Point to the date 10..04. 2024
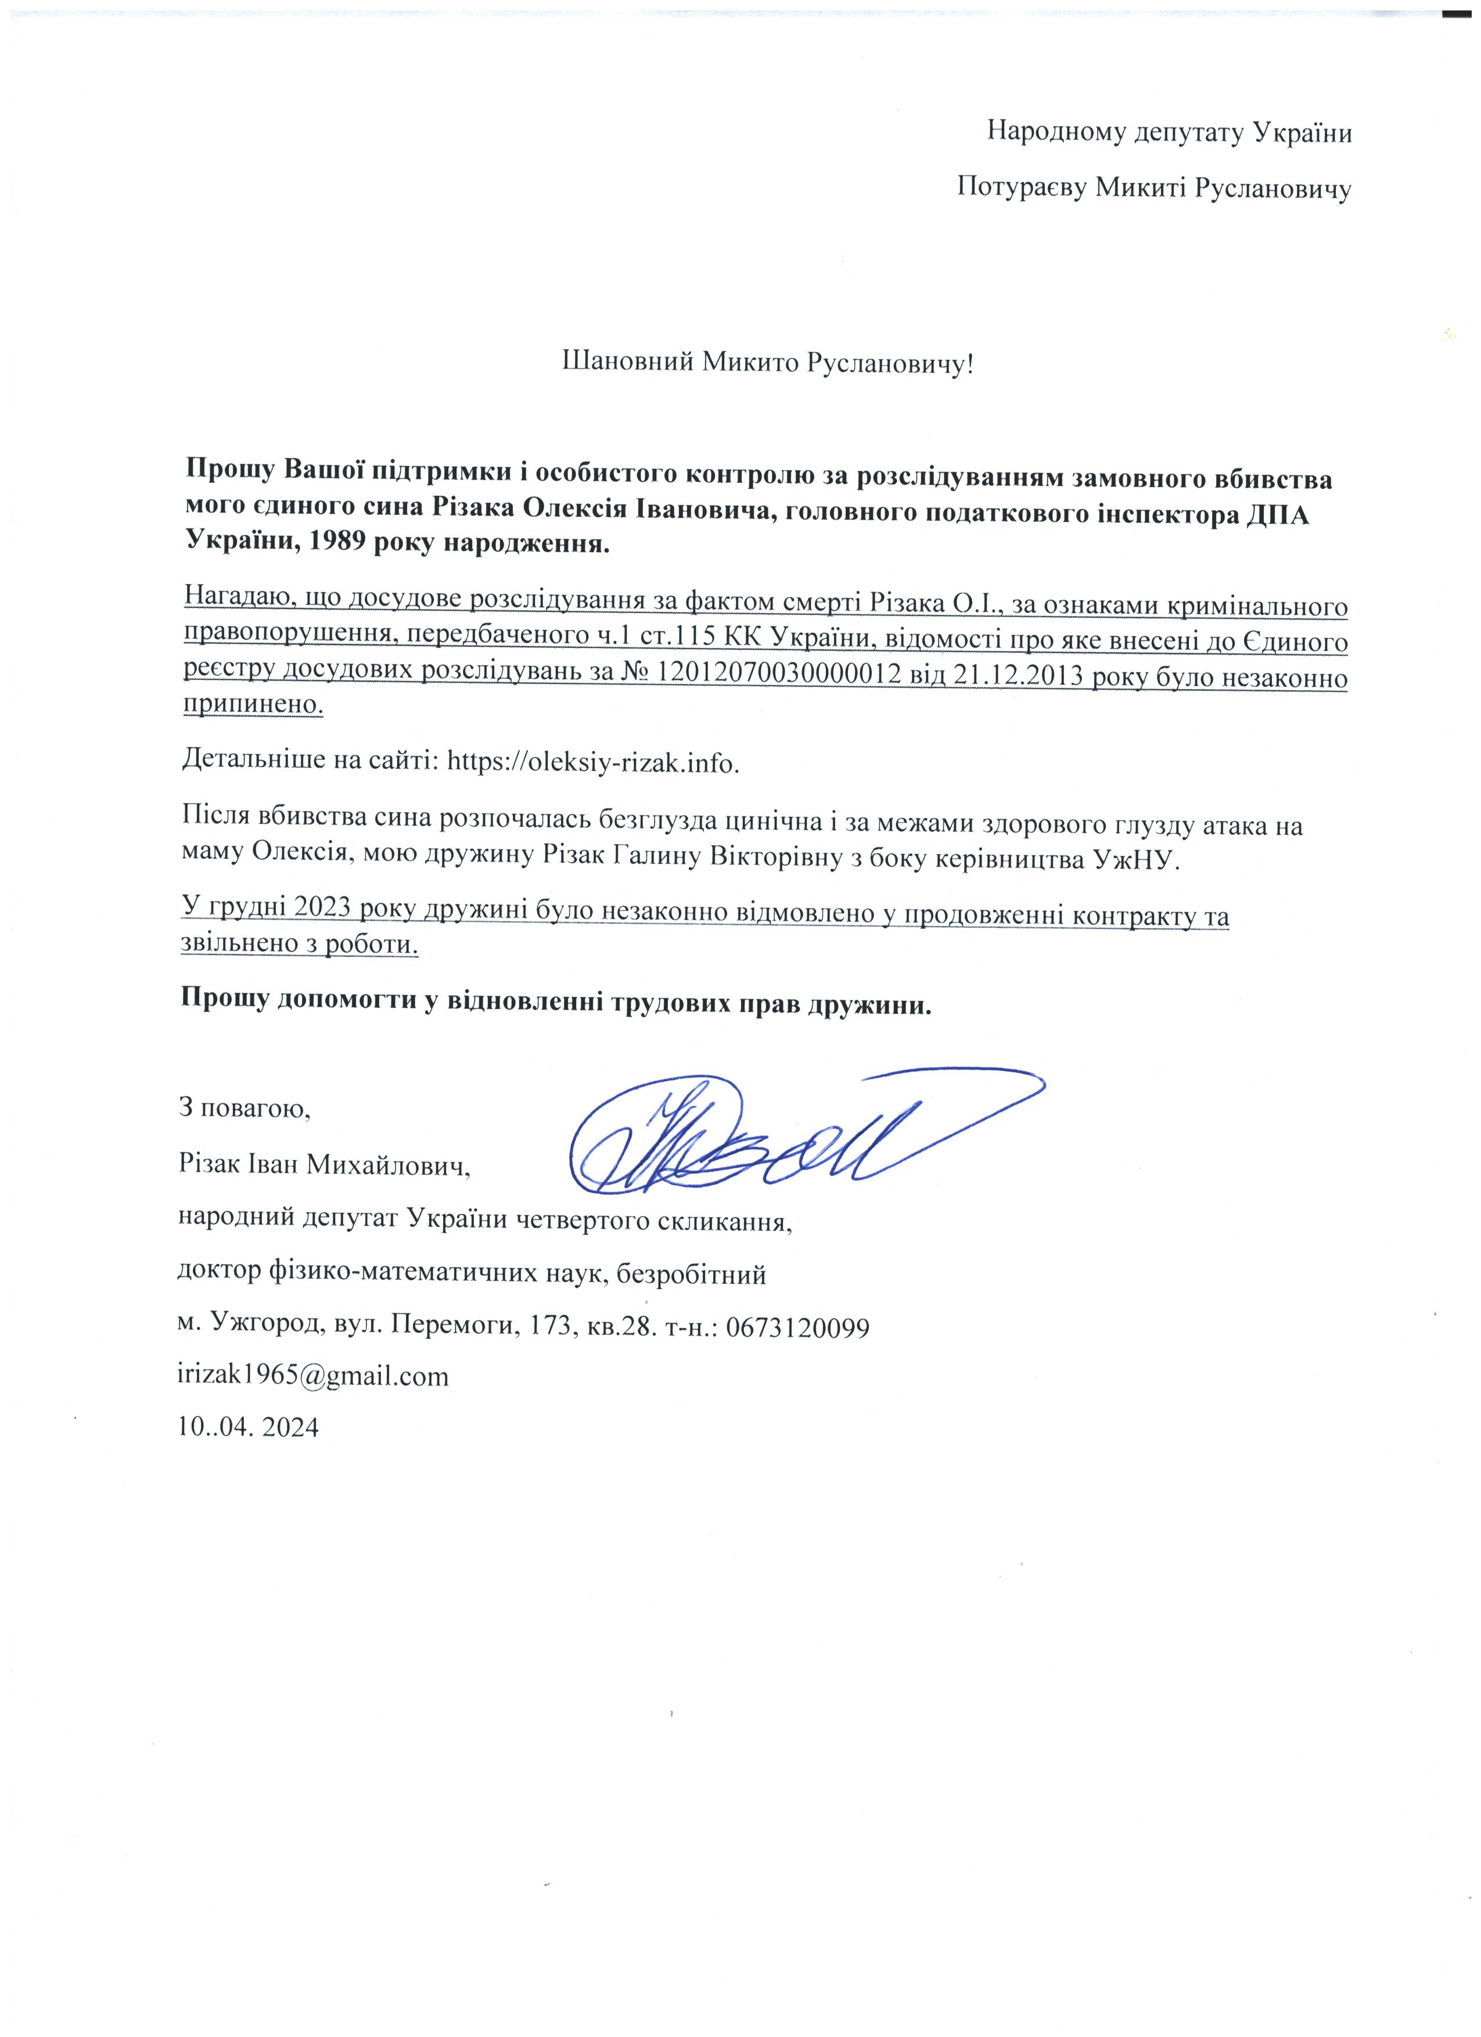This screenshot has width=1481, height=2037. pyautogui.click(x=249, y=1427)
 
